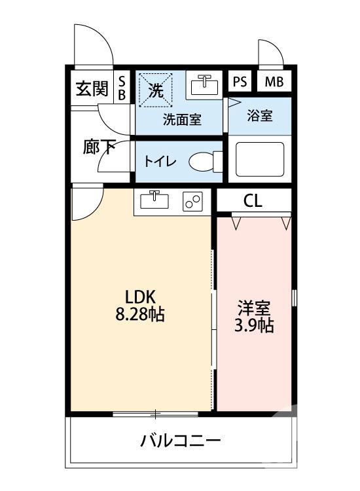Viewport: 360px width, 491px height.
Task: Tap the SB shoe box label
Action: pos(121,87)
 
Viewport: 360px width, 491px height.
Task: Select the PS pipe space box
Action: pos(239,82)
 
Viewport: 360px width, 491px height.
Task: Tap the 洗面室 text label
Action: pos(182,120)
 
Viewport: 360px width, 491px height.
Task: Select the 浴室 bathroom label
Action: pos(260,115)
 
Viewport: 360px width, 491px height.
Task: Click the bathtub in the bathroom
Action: pos(259,159)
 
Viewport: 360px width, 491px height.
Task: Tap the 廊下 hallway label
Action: pos(98,146)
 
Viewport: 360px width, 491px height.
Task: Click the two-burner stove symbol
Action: pos(192,202)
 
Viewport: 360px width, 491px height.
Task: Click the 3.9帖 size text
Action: pos(254,325)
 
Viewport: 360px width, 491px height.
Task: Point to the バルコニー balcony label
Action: pos(180,440)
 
